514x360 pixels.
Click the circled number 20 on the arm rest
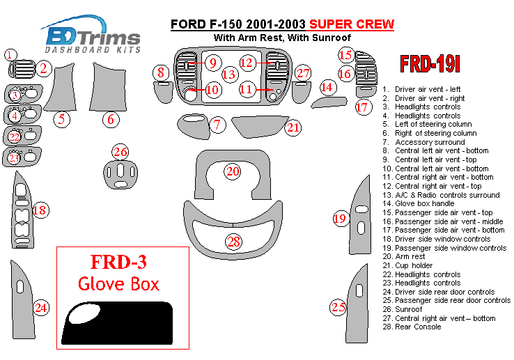point(233,171)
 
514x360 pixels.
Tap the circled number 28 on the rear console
point(233,242)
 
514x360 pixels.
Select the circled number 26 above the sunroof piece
point(120,152)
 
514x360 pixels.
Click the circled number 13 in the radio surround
point(229,74)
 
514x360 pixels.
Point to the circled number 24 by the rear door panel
point(41,306)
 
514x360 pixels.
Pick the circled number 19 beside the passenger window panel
point(339,219)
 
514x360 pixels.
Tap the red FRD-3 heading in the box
point(118,263)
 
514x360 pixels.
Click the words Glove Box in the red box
point(118,283)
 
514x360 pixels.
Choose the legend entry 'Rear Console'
point(418,327)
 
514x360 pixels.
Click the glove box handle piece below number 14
point(328,103)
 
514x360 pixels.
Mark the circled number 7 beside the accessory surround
point(218,125)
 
